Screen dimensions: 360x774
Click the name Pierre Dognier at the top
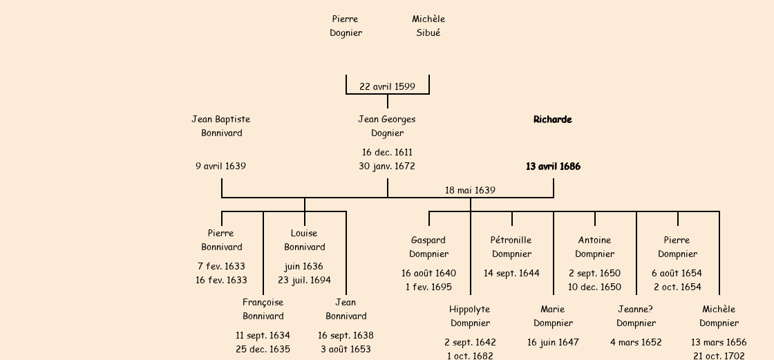pos(346,26)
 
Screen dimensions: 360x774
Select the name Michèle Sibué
pos(428,26)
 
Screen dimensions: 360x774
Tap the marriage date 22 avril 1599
pos(387,86)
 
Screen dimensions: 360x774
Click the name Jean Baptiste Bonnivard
pos(221,126)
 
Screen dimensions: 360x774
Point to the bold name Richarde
pos(553,120)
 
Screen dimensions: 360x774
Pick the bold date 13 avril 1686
pos(553,167)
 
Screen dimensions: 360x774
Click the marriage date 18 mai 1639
pos(470,190)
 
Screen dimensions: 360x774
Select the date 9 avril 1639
pos(221,166)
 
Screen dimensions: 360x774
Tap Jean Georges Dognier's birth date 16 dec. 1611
pos(387,152)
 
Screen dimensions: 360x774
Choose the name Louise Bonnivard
pos(304,240)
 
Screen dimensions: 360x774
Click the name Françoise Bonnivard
pos(263,309)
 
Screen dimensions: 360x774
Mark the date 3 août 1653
pos(346,349)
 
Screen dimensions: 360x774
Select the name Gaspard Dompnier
pos(428,247)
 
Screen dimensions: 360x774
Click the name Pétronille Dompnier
pos(511,247)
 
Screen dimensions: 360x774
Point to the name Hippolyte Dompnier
pos(470,316)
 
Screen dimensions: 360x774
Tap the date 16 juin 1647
pos(553,342)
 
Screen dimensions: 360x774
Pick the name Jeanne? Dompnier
pos(636,316)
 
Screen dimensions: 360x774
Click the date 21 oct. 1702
pos(719,356)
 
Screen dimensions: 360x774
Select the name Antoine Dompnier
pos(594,247)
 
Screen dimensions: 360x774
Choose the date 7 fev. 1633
pos(221,266)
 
